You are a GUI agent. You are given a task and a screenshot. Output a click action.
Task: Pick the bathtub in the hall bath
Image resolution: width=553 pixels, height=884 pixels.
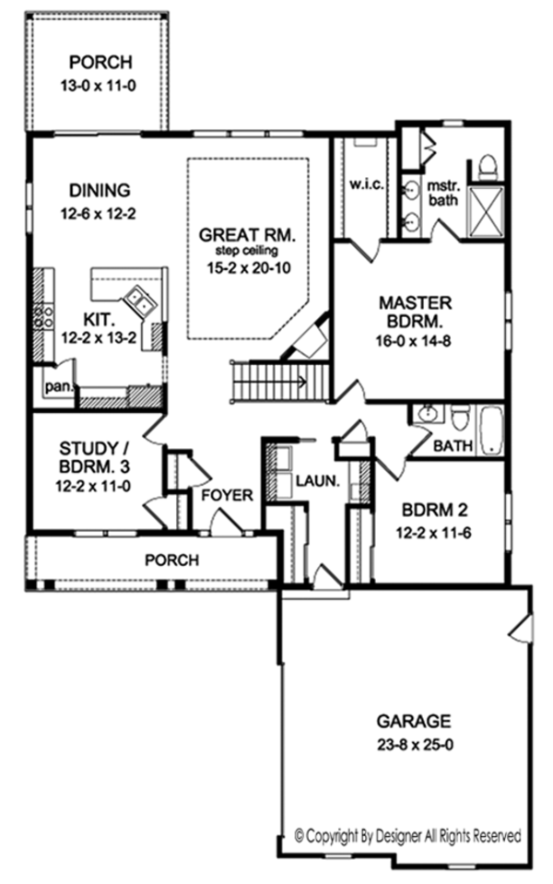490,430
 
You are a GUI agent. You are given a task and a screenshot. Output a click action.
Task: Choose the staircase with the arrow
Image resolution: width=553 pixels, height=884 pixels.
278,378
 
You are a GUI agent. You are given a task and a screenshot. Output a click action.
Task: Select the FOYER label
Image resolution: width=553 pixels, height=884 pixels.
227,496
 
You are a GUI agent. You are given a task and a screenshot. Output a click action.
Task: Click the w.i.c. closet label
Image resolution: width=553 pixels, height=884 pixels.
366,185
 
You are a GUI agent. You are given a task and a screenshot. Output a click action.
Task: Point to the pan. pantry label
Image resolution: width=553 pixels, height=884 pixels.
58,386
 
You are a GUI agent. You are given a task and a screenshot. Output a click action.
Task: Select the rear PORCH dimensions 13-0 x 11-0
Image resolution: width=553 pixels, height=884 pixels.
100,88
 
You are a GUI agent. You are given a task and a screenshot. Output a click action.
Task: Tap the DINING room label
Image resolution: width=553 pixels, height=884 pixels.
99,191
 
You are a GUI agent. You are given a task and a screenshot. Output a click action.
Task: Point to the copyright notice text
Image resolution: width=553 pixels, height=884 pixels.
407,836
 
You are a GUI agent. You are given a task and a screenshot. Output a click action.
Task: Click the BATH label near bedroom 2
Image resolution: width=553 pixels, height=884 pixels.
453,447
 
